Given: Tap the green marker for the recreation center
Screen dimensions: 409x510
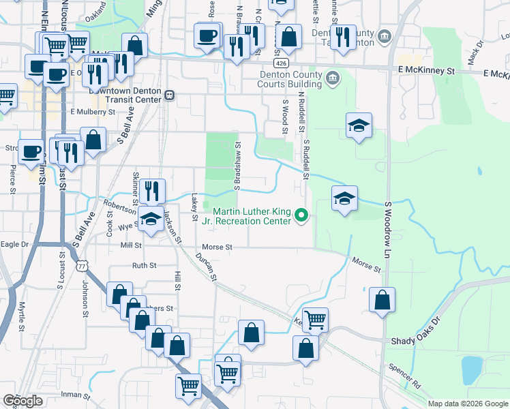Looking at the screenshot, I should tap(302, 217).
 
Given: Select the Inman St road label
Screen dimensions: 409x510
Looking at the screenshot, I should tap(76, 394).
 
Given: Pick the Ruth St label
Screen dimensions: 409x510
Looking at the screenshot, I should tap(145, 266).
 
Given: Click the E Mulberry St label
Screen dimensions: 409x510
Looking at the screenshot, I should tap(93, 111).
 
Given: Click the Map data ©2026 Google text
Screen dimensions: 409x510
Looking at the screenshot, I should tap(468, 404).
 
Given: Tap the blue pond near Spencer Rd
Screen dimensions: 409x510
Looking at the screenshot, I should tap(472, 369).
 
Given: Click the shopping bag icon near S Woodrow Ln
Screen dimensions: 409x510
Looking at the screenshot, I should tap(382, 300).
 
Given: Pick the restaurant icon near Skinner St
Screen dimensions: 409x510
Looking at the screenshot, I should tap(152, 190).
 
